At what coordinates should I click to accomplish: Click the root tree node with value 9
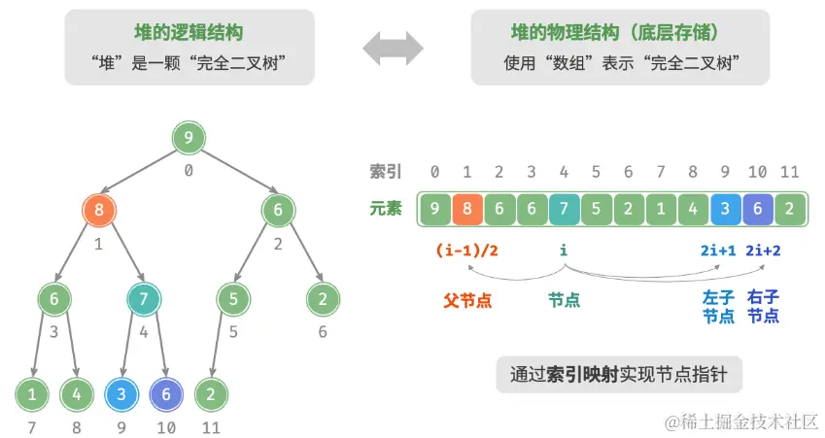(x=189, y=138)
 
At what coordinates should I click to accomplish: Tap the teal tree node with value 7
(x=143, y=300)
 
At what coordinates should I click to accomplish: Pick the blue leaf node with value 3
(x=120, y=394)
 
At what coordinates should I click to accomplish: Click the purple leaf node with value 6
(x=165, y=394)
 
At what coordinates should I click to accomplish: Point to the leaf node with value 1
(x=31, y=394)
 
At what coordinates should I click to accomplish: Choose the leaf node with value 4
(x=76, y=394)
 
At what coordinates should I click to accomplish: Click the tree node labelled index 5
(x=233, y=300)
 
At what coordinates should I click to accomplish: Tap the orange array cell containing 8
(x=466, y=208)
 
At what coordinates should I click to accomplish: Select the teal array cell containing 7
(x=564, y=208)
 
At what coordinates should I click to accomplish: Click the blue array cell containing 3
(x=725, y=208)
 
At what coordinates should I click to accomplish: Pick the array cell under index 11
(x=790, y=208)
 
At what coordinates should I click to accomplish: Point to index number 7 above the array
(x=661, y=172)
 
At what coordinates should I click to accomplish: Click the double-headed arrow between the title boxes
(x=393, y=47)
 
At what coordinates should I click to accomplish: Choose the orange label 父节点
(x=468, y=301)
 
